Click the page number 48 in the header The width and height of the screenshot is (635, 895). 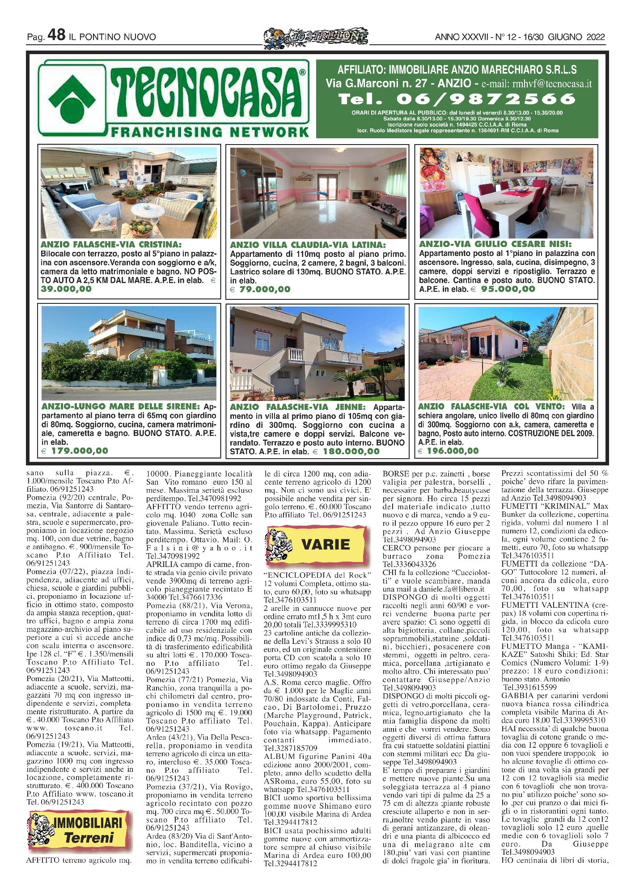(x=56, y=35)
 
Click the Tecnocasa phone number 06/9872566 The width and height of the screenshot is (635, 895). (x=457, y=99)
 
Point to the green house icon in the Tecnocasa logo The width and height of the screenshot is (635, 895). (x=72, y=98)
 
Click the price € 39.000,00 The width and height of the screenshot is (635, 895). (x=66, y=289)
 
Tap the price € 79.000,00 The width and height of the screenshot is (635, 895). (x=260, y=290)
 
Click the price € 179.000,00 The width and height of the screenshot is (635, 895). (x=75, y=451)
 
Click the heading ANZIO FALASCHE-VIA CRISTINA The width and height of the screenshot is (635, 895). (x=111, y=245)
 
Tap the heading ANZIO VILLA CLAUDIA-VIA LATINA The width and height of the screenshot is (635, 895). (x=308, y=245)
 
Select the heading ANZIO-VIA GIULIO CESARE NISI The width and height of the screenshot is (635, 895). (x=495, y=244)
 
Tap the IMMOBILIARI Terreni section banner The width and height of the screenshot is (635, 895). (x=80, y=831)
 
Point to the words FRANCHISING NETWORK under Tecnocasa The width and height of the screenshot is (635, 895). (x=209, y=132)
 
